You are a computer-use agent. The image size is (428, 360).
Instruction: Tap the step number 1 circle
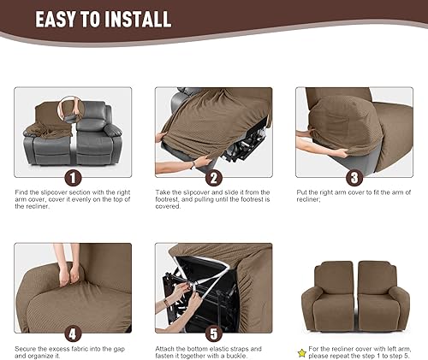tap(74, 178)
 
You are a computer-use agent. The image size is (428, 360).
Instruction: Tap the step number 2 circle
tap(214, 178)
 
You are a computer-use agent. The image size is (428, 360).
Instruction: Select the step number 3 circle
tap(353, 178)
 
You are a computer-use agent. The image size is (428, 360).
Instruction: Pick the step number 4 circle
tap(74, 333)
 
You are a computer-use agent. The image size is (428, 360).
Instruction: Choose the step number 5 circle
tap(214, 333)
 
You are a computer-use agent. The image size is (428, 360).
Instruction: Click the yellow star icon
tap(300, 351)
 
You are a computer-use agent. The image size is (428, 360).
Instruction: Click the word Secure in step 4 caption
tap(27, 348)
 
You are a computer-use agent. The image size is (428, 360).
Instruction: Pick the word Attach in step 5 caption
tap(166, 348)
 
